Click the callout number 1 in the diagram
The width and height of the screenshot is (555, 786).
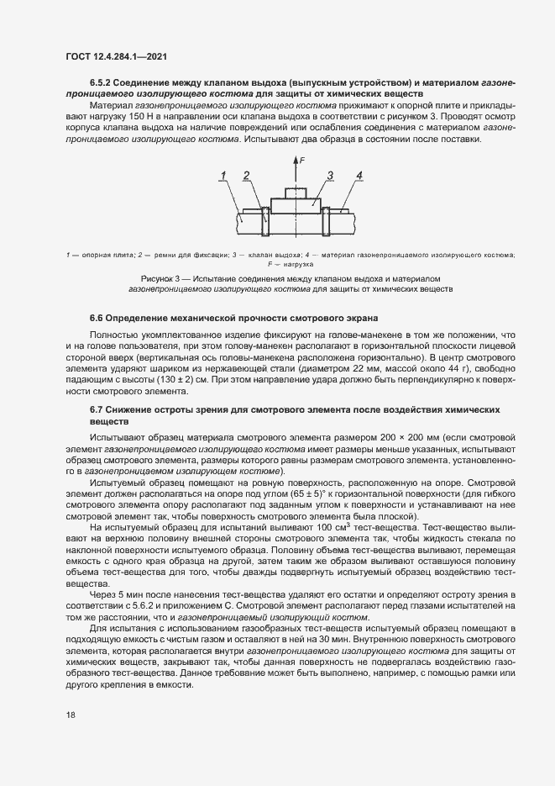tap(224, 175)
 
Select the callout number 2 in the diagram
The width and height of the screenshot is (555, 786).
tap(247, 175)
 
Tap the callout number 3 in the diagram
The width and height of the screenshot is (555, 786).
tap(331, 175)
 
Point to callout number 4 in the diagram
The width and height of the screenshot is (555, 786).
tap(359, 175)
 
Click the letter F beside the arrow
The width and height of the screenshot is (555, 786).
tap(301, 158)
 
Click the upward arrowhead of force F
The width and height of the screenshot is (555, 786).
tap(295, 159)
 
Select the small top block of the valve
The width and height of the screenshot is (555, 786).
tap(295, 193)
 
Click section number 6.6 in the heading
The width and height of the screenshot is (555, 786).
tap(98, 318)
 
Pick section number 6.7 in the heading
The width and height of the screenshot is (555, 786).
tap(98, 408)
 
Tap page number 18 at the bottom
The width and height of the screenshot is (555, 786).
tap(71, 715)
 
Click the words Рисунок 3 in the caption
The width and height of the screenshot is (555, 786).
tap(165, 277)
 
